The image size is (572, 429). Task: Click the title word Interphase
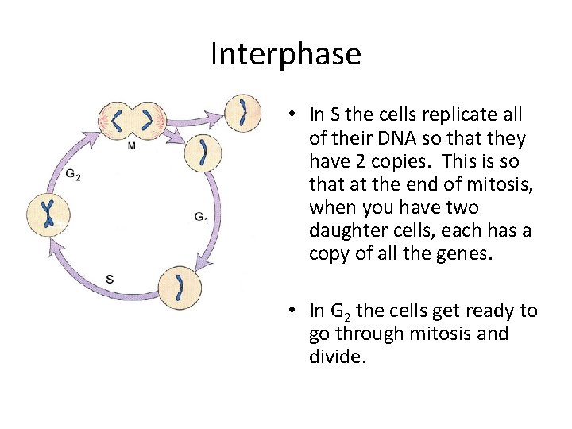(285, 54)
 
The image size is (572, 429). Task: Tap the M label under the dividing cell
(130, 145)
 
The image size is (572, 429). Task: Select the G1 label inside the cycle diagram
(202, 216)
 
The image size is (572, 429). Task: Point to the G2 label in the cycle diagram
(72, 175)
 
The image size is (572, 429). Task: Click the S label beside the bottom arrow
(110, 278)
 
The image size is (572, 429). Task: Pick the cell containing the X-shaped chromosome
(48, 213)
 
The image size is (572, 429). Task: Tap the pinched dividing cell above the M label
(132, 122)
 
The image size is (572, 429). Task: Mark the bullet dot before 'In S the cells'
(293, 115)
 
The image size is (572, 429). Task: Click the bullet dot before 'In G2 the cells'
(293, 311)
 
